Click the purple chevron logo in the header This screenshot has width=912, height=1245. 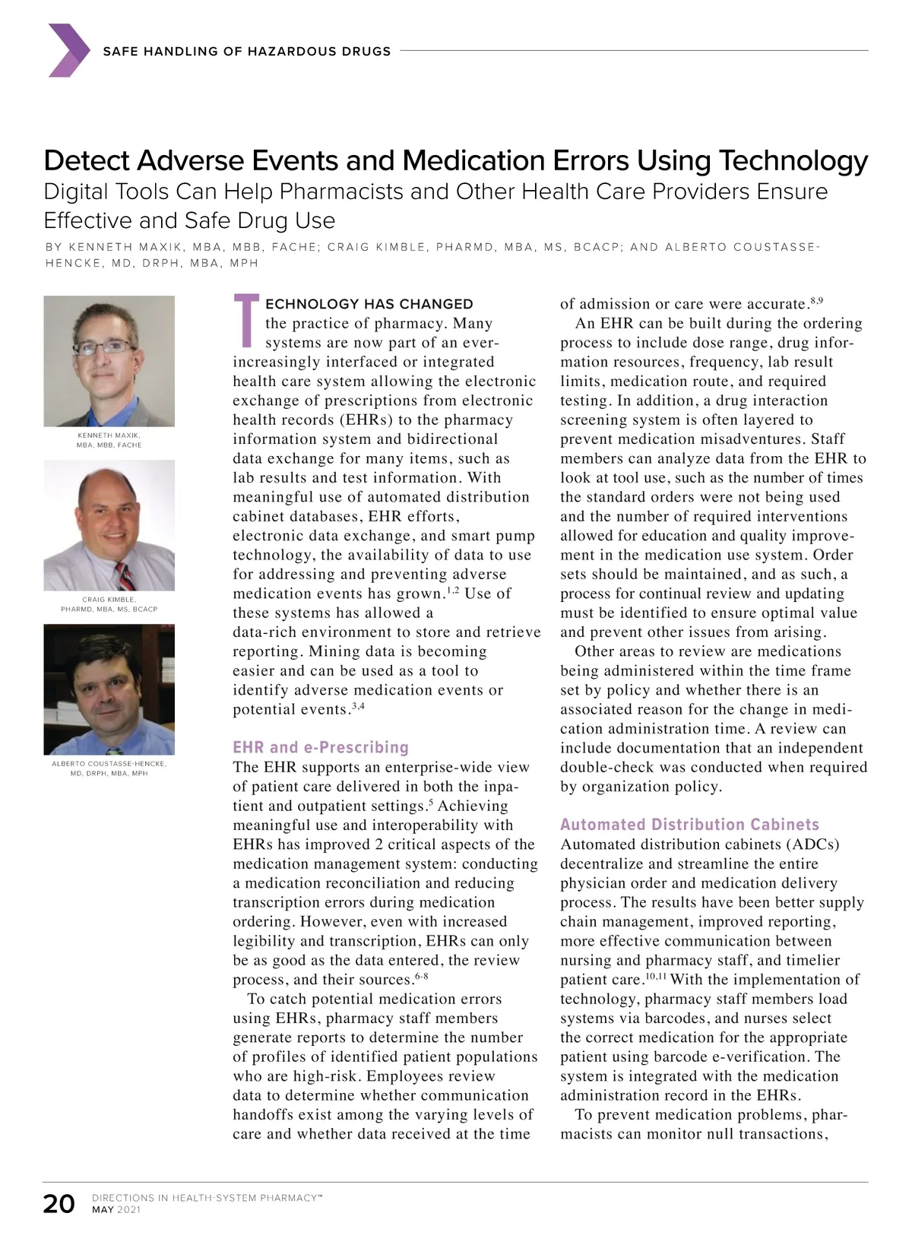pos(68,50)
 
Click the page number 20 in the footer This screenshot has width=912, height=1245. pos(59,1204)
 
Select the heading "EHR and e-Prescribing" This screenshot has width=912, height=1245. pos(320,747)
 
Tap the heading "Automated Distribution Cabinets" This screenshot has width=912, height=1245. pos(689,825)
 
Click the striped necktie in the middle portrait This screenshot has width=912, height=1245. pos(125,575)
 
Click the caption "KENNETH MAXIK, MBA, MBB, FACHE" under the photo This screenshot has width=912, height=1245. pos(109,440)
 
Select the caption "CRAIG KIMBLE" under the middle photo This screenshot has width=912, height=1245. pos(109,600)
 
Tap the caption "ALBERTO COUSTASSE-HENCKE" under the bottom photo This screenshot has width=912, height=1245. pos(109,764)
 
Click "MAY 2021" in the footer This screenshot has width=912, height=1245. pos(116,1210)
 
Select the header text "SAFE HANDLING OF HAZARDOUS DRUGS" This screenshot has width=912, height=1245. pos(246,51)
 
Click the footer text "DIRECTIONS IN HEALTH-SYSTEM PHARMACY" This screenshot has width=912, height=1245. pos(206,1198)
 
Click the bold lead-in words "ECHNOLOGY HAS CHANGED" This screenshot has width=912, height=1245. pos(369,304)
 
